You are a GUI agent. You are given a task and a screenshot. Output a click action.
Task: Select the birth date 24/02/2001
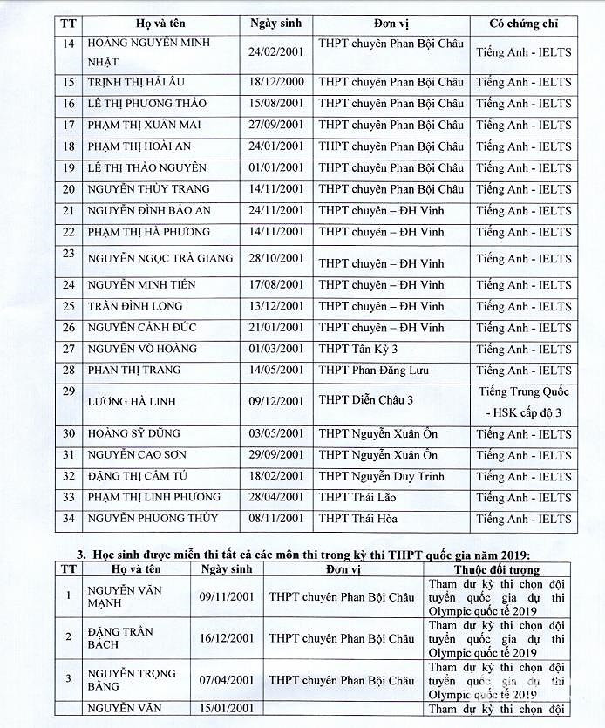tap(276, 51)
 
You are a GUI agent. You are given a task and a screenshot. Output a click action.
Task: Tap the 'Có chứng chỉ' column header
tap(524, 24)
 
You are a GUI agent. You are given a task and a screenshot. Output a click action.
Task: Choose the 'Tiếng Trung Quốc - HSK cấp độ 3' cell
tap(524, 401)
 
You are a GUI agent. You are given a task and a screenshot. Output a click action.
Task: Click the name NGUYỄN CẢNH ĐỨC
tap(141, 328)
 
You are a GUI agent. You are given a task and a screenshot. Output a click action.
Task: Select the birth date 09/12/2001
tap(276, 401)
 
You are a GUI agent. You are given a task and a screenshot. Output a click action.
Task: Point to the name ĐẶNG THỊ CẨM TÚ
tap(137, 476)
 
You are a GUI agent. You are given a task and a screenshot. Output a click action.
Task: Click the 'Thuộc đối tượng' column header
tap(496, 569)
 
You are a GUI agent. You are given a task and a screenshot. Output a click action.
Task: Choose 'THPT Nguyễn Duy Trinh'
tap(381, 476)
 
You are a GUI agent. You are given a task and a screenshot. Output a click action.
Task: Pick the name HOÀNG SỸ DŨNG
tap(134, 433)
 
